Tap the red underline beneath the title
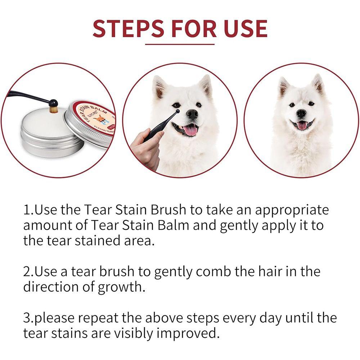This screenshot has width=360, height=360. click(180, 44)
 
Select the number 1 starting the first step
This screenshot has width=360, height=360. click(27, 210)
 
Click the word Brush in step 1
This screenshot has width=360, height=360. click(169, 210)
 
